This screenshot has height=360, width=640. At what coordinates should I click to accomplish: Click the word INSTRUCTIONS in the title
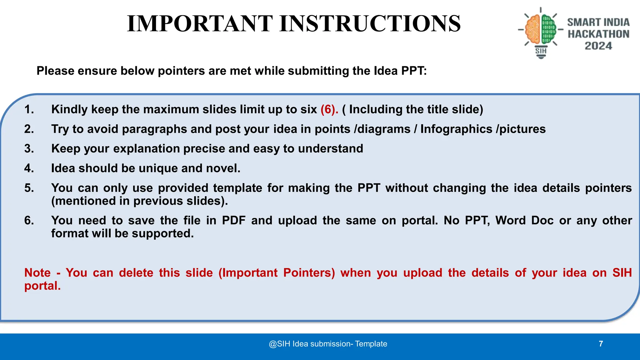click(x=370, y=24)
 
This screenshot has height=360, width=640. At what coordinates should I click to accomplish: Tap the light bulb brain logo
click(x=541, y=31)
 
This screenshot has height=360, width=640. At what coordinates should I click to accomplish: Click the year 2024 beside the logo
click(x=598, y=46)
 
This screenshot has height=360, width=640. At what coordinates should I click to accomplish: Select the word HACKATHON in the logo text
click(x=598, y=34)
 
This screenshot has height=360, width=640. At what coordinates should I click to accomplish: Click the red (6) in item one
click(x=329, y=109)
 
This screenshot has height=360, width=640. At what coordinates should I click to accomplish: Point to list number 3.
click(x=29, y=148)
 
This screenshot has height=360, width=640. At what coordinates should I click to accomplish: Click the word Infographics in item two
click(x=456, y=129)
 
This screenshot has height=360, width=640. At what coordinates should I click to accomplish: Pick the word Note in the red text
click(x=37, y=273)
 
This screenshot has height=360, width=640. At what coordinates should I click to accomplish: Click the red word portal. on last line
click(x=42, y=286)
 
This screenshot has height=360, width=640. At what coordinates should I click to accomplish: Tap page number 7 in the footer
click(x=601, y=344)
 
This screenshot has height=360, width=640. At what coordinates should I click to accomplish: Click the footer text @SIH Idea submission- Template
click(x=328, y=344)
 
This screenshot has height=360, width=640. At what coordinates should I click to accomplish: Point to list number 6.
click(x=29, y=221)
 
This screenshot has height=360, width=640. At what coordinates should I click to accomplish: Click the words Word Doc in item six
click(x=524, y=221)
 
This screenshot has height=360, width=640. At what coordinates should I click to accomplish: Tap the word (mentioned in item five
click(x=83, y=201)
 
